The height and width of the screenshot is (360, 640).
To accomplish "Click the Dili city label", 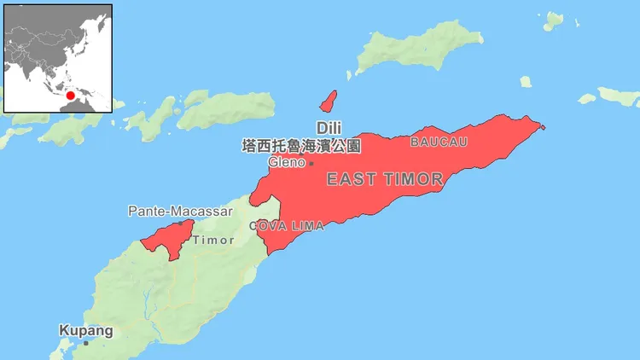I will click(x=329, y=127).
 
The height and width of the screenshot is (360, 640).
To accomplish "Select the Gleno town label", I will click(x=286, y=162).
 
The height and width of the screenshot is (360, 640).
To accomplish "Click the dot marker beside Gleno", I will click(x=311, y=163).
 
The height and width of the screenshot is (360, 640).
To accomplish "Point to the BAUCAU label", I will click(x=439, y=142).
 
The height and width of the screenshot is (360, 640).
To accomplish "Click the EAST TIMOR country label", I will click(x=385, y=179).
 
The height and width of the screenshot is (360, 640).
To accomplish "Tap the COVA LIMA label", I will click(x=287, y=226).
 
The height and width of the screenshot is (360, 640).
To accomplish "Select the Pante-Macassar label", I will click(x=169, y=210).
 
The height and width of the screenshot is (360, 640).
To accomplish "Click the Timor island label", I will click(x=212, y=241).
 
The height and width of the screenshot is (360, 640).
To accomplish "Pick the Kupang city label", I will click(x=85, y=329).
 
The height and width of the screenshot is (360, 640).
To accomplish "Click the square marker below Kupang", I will click(x=85, y=343).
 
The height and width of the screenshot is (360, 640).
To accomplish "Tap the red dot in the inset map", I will click(x=71, y=96).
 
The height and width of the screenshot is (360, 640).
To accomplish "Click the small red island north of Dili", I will click(x=328, y=101).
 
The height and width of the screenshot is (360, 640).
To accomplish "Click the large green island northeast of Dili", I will click(x=418, y=47).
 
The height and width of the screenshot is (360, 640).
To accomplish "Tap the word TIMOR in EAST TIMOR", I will click(x=413, y=179).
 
